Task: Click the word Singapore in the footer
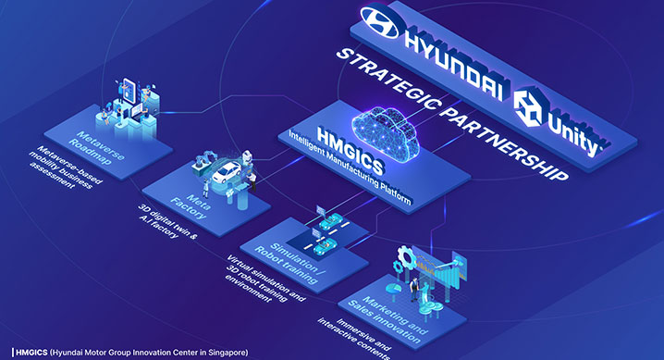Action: click(219, 352)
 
